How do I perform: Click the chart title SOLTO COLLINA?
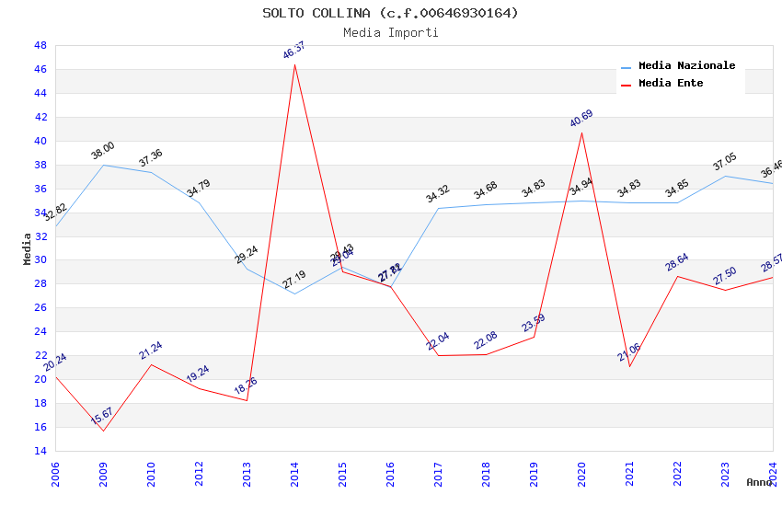tap(390, 13)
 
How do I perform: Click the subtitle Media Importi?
tap(390, 32)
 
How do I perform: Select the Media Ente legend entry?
tap(671, 83)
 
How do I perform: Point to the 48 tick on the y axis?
tap(40, 45)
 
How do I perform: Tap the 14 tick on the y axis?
tap(40, 451)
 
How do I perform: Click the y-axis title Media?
tap(28, 248)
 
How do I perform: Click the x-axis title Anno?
tap(759, 482)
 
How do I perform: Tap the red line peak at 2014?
tap(294, 64)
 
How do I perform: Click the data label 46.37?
tap(294, 50)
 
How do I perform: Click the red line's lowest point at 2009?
tap(103, 431)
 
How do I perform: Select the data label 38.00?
tap(103, 150)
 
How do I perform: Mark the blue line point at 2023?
tap(725, 176)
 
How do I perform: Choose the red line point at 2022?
tap(677, 276)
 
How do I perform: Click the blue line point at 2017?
tap(438, 208)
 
